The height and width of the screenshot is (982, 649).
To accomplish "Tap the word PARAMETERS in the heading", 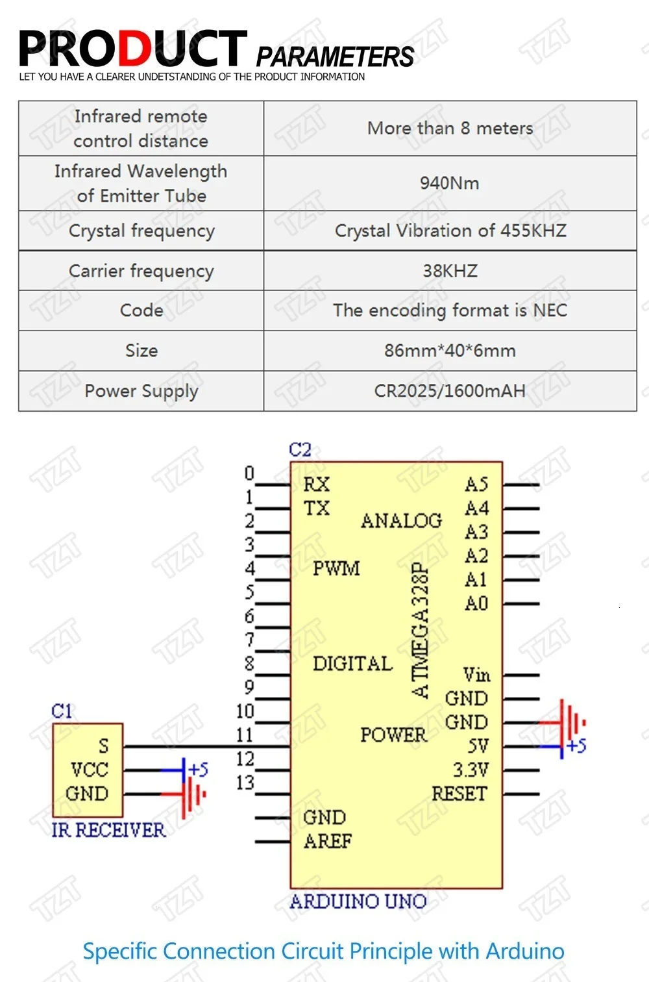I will click(x=335, y=57).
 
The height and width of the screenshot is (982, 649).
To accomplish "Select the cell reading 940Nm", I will click(x=449, y=183).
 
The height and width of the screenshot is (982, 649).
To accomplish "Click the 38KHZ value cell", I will click(x=450, y=270).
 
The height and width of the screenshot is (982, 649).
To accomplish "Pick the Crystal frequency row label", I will click(x=141, y=231).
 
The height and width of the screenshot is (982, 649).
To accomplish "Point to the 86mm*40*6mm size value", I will click(x=450, y=351).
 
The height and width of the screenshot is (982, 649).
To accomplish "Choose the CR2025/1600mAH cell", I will click(x=450, y=391).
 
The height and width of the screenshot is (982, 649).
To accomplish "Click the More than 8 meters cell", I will click(x=450, y=128).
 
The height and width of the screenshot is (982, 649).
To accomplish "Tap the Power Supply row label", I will click(x=141, y=391).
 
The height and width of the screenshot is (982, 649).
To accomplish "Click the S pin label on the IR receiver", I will click(x=104, y=746).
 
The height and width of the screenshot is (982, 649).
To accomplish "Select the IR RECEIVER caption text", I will click(x=108, y=830).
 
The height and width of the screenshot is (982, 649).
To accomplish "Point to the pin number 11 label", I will click(x=245, y=735).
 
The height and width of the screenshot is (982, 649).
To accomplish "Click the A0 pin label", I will click(x=476, y=604).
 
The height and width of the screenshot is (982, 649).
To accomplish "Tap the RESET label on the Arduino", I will click(x=459, y=794).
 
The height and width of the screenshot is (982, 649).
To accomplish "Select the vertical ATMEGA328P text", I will click(x=421, y=630).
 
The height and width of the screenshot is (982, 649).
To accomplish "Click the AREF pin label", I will click(x=328, y=842).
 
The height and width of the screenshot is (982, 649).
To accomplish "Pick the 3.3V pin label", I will click(x=471, y=770).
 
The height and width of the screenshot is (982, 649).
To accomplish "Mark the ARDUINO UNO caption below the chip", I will click(x=358, y=901).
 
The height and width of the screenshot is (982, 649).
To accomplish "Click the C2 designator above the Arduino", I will click(x=300, y=449).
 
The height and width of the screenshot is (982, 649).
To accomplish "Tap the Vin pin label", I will click(x=476, y=675).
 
